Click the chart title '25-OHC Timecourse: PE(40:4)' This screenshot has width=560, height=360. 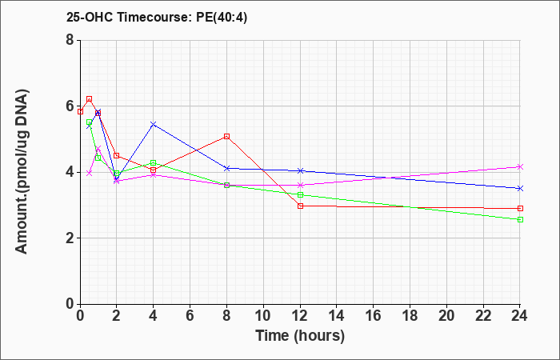157,17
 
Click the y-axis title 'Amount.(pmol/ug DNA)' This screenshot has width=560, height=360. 22,171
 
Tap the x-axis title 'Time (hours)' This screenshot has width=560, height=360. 300,336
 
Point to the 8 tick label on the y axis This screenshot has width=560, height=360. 70,40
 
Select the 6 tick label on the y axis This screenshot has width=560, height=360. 70,106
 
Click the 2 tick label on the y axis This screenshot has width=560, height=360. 70,238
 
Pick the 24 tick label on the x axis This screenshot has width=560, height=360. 520,316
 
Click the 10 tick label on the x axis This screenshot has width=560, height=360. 263,316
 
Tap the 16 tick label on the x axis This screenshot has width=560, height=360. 374,316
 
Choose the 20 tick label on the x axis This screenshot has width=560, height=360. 446,316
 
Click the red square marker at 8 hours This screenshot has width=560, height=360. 226,137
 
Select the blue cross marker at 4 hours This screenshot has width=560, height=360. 154,124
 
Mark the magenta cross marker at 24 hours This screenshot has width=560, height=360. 520,166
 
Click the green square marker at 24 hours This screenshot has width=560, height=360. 520,220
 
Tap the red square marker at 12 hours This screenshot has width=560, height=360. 300,206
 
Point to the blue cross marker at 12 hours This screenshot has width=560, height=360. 300,170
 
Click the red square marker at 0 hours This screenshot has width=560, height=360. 80,112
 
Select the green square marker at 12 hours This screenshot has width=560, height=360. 300,194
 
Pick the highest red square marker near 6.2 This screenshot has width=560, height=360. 90,99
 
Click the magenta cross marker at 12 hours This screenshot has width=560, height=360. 300,185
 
